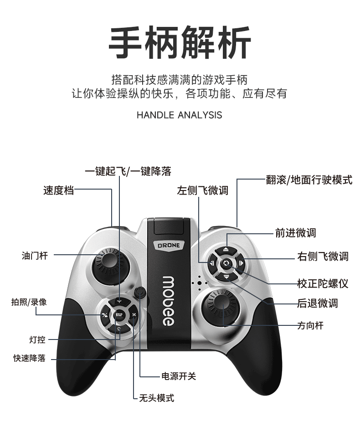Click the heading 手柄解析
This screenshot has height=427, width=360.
(x=180, y=43)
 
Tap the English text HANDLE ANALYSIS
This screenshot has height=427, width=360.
(x=179, y=115)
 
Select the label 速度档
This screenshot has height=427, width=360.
(x=58, y=190)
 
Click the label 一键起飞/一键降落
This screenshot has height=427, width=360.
(x=128, y=172)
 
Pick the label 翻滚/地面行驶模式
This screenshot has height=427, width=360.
(x=309, y=180)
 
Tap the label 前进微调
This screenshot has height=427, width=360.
(x=295, y=233)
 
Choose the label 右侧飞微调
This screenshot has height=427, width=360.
(x=323, y=257)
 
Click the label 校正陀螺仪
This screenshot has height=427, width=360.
(x=323, y=284)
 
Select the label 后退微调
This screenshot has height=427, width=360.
(x=318, y=304)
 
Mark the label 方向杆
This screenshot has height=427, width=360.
(x=310, y=326)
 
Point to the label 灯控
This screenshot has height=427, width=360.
(x=37, y=340)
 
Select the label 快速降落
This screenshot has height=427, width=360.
(x=30, y=358)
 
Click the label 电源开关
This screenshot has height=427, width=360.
(x=179, y=376)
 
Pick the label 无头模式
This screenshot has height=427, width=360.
(x=156, y=398)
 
